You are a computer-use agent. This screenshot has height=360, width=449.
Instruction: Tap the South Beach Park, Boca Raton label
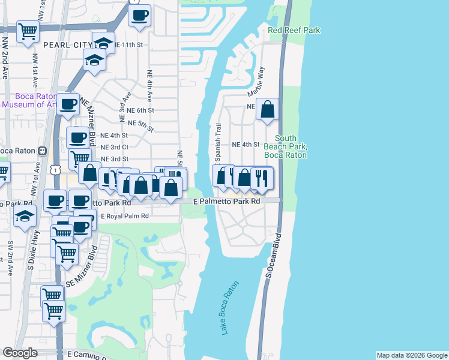click(286, 146)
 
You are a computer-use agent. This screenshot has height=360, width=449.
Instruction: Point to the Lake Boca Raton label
click(231, 307)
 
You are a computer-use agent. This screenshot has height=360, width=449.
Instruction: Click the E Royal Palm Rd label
click(124, 216)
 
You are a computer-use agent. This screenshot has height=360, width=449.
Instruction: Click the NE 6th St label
click(142, 110)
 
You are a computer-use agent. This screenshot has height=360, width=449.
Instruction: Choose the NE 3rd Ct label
click(115, 147)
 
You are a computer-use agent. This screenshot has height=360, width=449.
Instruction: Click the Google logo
click(20, 353)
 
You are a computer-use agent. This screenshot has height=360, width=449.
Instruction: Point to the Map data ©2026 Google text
click(412, 355)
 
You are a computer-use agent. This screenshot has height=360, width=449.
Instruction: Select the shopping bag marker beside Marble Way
click(268, 110)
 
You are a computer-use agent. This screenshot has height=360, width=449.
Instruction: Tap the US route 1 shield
click(55, 171)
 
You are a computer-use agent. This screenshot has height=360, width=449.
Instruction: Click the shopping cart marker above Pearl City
click(28, 32)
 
